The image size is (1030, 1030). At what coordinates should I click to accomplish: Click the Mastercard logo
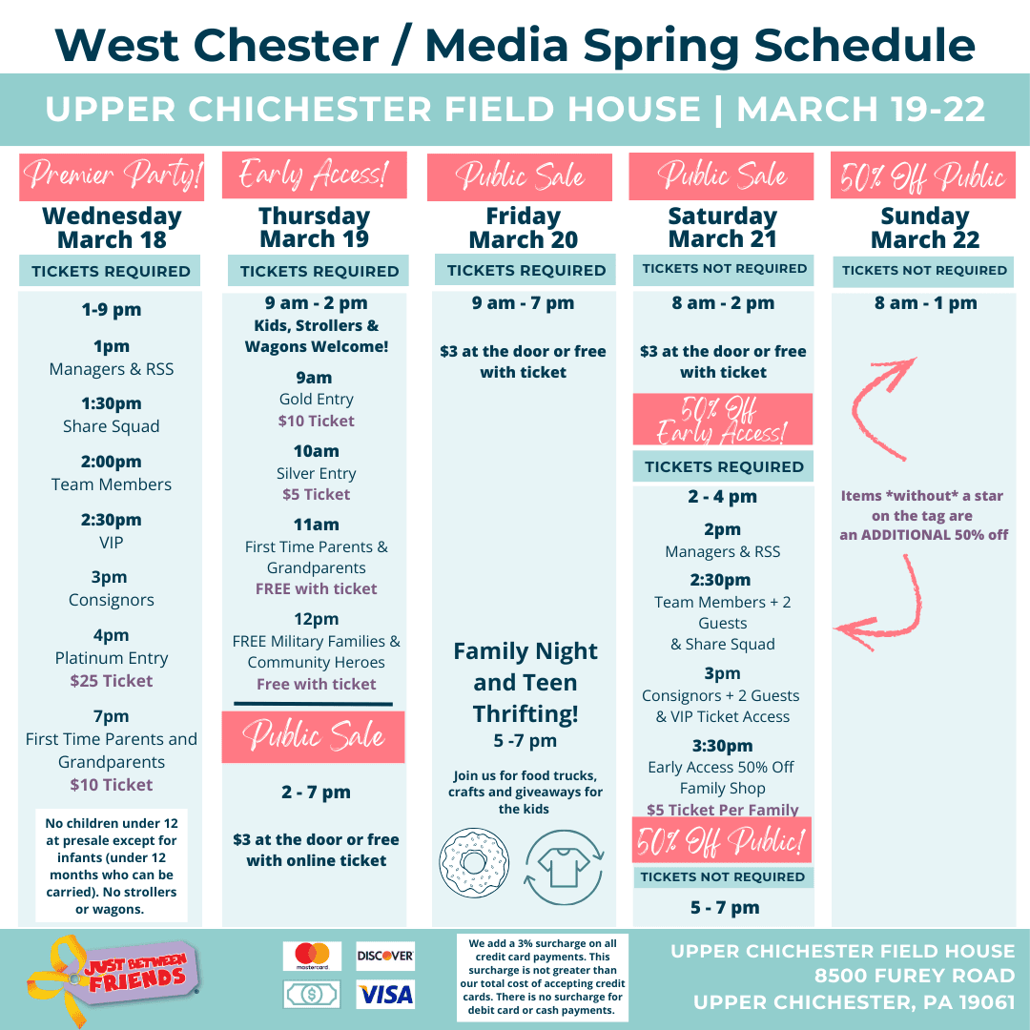tap(312, 956)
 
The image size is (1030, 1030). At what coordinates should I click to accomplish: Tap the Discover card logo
tap(385, 956)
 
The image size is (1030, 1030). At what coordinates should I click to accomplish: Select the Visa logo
tap(385, 994)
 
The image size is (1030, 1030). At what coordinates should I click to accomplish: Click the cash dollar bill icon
tap(312, 994)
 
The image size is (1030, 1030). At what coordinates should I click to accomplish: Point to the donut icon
tap(474, 862)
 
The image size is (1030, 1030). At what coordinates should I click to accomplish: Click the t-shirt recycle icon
tap(564, 867)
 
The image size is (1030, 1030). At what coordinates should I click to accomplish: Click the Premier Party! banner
tap(112, 176)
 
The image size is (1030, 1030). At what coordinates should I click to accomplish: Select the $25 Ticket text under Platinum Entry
tap(112, 681)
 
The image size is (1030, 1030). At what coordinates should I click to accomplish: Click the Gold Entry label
tap(316, 399)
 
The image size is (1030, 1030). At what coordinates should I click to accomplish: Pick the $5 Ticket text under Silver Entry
tap(316, 494)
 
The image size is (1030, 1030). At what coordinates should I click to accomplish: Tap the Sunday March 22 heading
tap(925, 227)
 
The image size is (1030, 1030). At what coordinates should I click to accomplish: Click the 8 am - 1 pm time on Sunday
tap(925, 303)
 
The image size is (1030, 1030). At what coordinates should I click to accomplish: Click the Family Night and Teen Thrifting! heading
tap(525, 682)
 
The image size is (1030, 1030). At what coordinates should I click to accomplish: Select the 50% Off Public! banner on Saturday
tap(722, 840)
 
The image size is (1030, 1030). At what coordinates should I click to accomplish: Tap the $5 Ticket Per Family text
tap(723, 810)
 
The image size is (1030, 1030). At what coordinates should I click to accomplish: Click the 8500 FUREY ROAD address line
tap(915, 976)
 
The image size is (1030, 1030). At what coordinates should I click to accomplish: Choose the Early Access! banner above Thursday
tap(315, 175)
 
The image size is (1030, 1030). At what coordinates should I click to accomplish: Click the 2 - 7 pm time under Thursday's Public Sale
tap(316, 793)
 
